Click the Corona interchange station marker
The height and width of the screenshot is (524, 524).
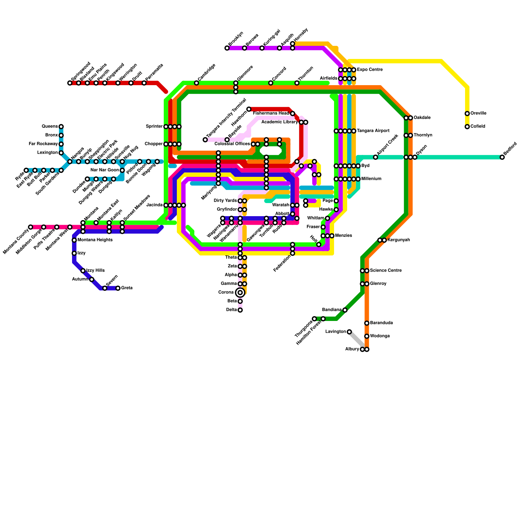point(240,292)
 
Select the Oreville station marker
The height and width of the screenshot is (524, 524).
point(467,114)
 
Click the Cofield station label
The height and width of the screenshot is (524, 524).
point(478,126)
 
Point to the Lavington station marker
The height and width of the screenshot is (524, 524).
point(349,332)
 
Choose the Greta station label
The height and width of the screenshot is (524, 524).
point(127,288)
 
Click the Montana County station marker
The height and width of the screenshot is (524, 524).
point(30,227)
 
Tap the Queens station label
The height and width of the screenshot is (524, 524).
point(50,126)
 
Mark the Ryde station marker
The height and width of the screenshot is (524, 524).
point(26,170)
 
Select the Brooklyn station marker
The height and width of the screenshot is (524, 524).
point(227,48)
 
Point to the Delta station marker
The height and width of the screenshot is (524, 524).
point(240,310)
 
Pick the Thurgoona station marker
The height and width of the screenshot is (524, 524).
point(314,319)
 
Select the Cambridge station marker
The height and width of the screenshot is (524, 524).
point(196,83)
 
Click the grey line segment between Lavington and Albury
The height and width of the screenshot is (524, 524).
point(356,341)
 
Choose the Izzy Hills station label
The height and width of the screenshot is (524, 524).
point(95,271)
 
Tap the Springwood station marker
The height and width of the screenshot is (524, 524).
point(70,83)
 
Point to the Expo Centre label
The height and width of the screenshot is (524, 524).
point(370,70)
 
